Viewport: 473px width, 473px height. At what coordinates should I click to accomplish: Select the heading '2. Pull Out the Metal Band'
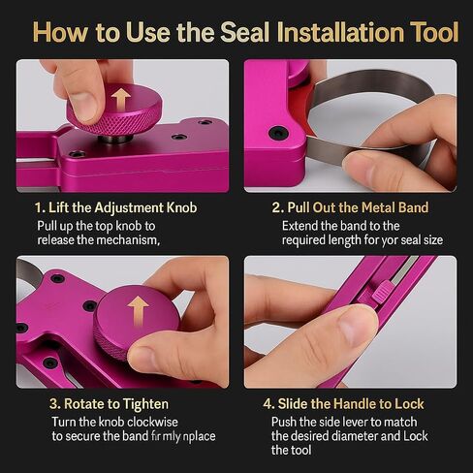350,207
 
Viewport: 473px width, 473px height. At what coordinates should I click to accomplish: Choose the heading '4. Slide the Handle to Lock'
347,404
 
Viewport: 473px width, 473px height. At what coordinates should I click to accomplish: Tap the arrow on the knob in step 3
139,310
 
